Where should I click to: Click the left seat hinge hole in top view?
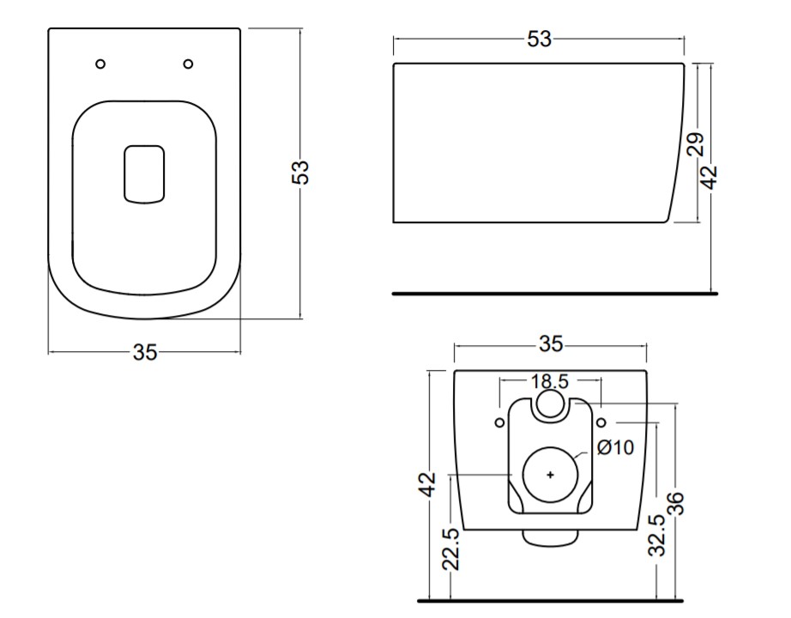coord(100,64)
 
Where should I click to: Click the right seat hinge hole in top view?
coord(188,64)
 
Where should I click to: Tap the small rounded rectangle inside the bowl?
coord(144,175)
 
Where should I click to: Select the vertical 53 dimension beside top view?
coord(300,173)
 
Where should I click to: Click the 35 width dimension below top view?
coord(145,352)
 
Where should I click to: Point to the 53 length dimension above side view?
coord(540,39)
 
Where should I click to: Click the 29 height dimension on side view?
coord(695,145)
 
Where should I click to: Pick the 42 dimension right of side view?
coord(709,177)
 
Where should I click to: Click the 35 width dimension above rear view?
coord(551,344)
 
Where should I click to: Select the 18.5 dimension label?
coord(550,381)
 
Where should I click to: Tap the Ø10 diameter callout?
coord(615,447)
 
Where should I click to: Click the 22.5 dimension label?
coord(451,549)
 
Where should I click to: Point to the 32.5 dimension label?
coord(657,536)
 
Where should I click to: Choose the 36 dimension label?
coord(675,503)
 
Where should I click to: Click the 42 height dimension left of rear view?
coord(428,484)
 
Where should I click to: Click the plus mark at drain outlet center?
coord(551,475)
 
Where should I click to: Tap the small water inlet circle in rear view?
coord(549,403)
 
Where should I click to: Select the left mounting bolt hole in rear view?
coord(499,422)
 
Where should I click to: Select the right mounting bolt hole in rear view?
coord(601,422)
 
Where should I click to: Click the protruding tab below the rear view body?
coord(550,538)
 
